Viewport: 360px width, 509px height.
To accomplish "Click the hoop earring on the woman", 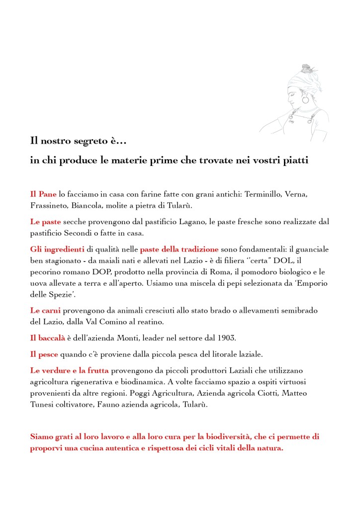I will click(x=305, y=100).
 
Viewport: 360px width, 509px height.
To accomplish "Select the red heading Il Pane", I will click(x=43, y=194).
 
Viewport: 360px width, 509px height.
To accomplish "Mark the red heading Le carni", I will click(x=45, y=310).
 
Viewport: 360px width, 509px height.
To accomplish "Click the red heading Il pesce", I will click(x=44, y=354).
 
